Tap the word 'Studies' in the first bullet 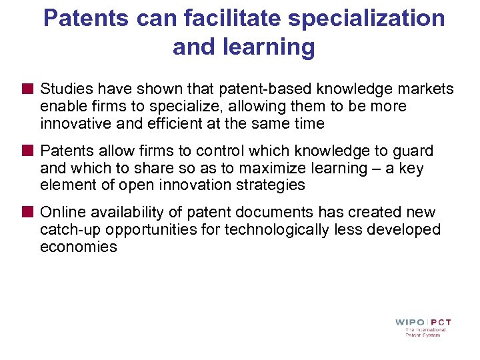(64, 89)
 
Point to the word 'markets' (419, 89)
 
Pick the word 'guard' (413, 151)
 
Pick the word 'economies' (79, 247)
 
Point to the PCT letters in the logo (440, 322)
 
